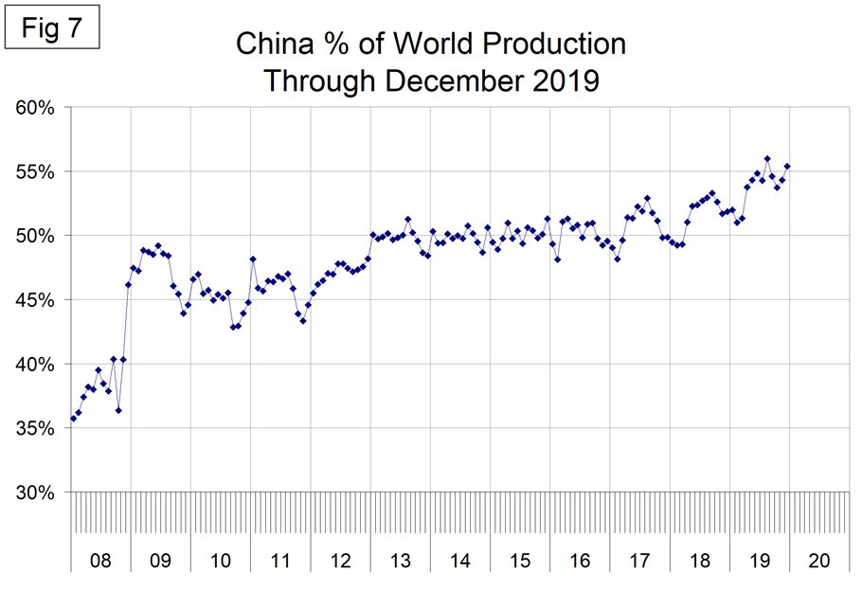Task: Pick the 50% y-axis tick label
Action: [x=35, y=236]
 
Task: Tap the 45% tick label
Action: [x=35, y=300]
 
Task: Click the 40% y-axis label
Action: [x=35, y=365]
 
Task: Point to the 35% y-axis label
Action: [x=35, y=428]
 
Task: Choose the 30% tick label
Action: [x=35, y=492]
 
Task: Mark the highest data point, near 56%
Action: [x=766, y=158]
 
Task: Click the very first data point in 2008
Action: [x=74, y=419]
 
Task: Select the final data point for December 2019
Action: [x=787, y=167]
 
